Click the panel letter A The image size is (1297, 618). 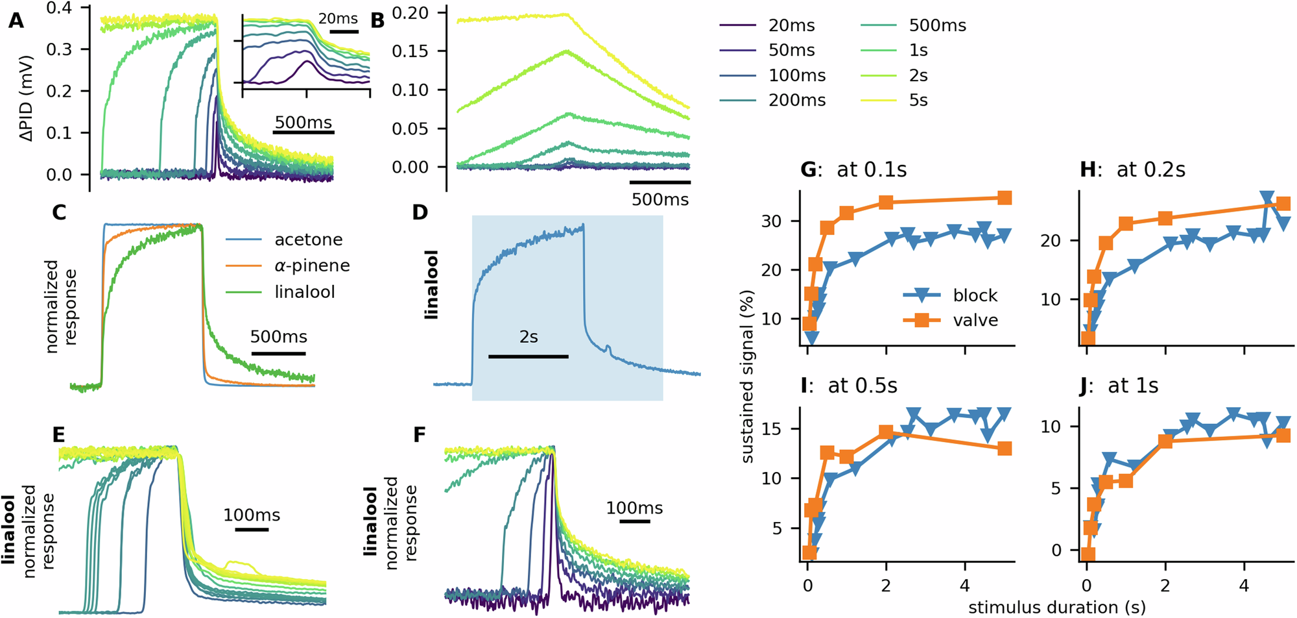point(16,21)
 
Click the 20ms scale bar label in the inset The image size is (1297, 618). point(338,19)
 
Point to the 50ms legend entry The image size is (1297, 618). point(791,51)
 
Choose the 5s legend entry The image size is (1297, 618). point(918,101)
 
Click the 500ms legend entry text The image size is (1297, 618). point(937,26)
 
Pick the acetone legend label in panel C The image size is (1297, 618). point(308,240)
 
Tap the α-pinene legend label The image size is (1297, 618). point(312,266)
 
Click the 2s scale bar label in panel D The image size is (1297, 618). point(529,337)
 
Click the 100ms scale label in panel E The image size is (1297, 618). point(252,515)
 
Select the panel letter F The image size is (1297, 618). point(420,434)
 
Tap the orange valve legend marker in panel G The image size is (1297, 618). point(922,320)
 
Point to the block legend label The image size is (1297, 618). point(975,295)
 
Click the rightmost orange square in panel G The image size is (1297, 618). point(1005,198)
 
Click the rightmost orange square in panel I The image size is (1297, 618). point(1005,449)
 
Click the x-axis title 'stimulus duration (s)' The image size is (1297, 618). point(1056,608)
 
